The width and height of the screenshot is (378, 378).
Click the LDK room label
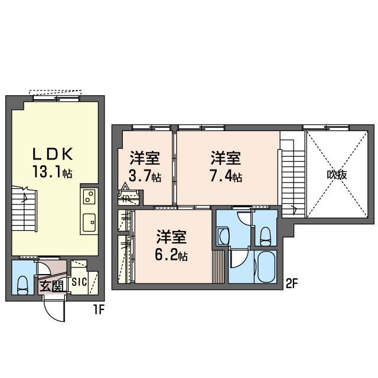click(x=53, y=154)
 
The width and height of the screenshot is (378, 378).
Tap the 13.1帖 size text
click(x=53, y=172)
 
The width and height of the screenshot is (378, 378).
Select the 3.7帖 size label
click(x=145, y=176)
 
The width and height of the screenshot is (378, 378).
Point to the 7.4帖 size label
click(x=226, y=176)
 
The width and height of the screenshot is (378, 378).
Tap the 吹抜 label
click(x=337, y=175)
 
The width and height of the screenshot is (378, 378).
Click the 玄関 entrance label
click(x=51, y=286)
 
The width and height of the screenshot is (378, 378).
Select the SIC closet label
click(x=79, y=282)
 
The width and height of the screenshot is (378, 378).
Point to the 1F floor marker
click(x=99, y=309)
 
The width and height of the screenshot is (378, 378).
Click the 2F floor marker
click(x=292, y=285)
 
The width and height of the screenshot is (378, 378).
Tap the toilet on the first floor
click(x=22, y=285)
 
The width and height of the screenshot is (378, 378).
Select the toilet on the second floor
click(x=265, y=236)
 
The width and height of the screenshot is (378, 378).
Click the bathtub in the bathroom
click(x=266, y=266)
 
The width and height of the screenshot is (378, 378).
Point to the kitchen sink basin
click(x=89, y=222)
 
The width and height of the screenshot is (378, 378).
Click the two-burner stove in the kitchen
click(x=89, y=197)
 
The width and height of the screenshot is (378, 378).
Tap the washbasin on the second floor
click(x=224, y=236)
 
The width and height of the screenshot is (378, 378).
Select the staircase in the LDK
click(x=24, y=208)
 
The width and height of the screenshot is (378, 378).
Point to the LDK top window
click(x=56, y=99)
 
